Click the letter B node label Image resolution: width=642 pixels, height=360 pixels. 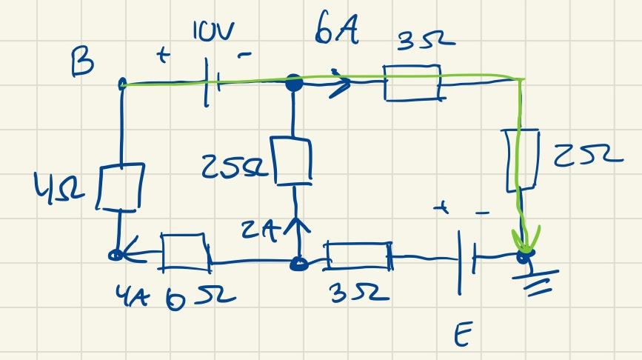82,64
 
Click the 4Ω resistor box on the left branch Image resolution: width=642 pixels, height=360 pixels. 121,186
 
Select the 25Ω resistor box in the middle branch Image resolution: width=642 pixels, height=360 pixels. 294,160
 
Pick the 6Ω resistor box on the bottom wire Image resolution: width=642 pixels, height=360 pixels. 184,251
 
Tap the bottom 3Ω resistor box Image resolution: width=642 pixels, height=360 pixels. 358,259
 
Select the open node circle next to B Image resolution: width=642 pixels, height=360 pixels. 122,85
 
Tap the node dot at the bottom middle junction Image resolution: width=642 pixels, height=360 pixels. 298,262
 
